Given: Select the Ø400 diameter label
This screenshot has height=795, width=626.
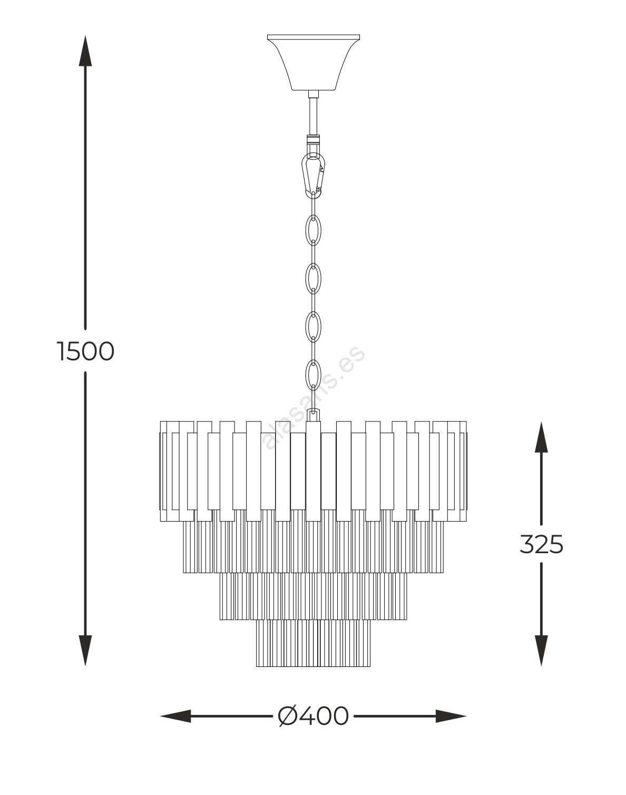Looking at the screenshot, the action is coord(313,717).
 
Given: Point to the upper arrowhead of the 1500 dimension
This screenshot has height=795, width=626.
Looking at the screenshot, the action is coord(85,51).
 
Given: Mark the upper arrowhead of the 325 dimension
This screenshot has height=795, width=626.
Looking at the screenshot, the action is coord(541,437).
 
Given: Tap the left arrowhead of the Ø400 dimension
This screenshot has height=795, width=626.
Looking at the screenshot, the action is coord(175,717).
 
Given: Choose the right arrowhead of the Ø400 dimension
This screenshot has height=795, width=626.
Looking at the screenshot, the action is coord(451,717).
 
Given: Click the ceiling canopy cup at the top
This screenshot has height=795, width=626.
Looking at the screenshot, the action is coord(314,65).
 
